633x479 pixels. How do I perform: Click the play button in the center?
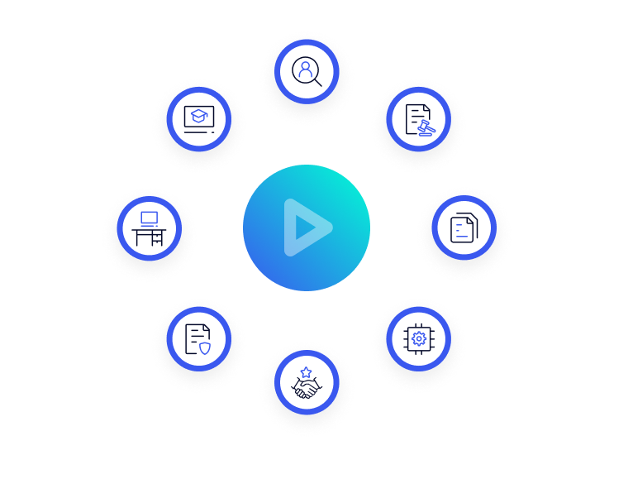coord(307,227)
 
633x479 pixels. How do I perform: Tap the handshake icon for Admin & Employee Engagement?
coord(307,383)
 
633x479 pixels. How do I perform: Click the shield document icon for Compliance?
coord(197,338)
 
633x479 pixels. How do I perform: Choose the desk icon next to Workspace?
coord(150,228)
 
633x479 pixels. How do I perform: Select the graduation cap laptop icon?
coord(197,118)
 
